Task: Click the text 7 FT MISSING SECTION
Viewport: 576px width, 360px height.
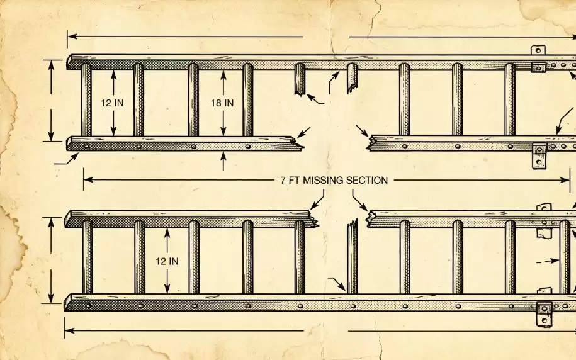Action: click(334, 181)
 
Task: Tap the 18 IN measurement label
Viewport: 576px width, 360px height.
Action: click(222, 103)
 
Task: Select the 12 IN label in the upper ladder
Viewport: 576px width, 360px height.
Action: click(112, 103)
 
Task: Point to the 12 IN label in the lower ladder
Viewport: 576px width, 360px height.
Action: click(167, 261)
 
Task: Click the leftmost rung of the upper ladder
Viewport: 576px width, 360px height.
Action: click(86, 100)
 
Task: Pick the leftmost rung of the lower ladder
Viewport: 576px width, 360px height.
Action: click(88, 257)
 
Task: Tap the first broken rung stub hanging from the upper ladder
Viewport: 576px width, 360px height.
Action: click(300, 79)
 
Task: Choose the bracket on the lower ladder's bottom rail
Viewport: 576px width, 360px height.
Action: click(544, 315)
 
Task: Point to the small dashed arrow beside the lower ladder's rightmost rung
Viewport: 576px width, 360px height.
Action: click(548, 261)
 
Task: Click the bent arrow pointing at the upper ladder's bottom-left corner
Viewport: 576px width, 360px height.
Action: click(66, 159)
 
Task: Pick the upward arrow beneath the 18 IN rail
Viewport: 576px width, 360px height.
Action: click(223, 161)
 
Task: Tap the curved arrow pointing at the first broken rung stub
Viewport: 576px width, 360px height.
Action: click(315, 99)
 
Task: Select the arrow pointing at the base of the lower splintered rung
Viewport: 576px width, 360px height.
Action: click(337, 284)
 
